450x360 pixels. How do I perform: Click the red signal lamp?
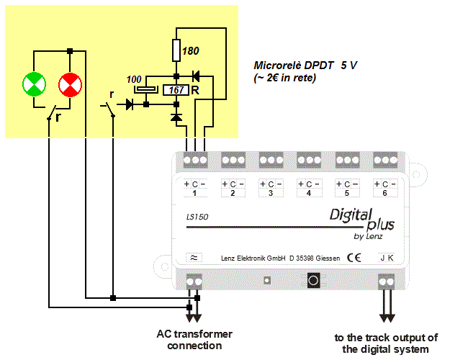click(70, 84)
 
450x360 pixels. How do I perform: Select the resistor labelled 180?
click(176, 51)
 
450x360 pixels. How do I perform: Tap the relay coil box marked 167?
click(176, 90)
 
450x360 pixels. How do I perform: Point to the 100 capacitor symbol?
click(146, 89)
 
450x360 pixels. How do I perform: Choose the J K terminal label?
click(387, 257)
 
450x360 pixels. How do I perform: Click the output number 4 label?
click(309, 194)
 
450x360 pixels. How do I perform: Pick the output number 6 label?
click(386, 194)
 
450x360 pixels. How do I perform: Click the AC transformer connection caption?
click(194, 340)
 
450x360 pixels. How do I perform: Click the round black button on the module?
click(313, 279)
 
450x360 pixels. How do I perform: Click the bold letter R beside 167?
click(194, 90)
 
